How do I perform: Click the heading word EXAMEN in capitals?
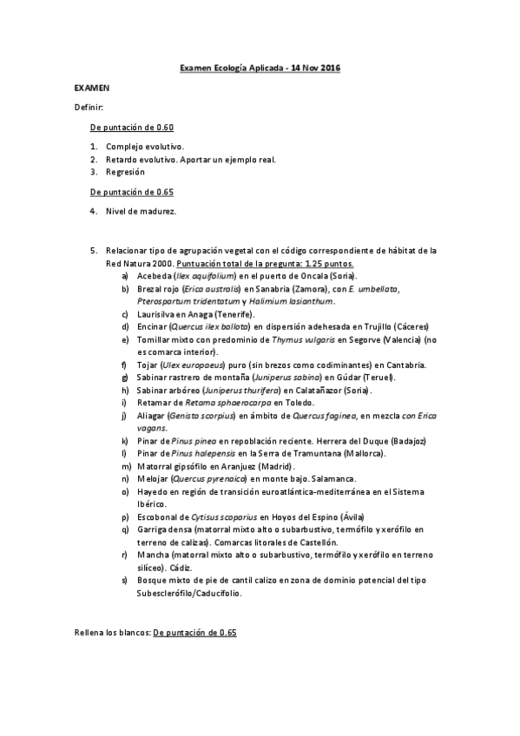(x=91, y=88)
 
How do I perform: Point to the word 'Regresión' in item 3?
(x=125, y=172)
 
